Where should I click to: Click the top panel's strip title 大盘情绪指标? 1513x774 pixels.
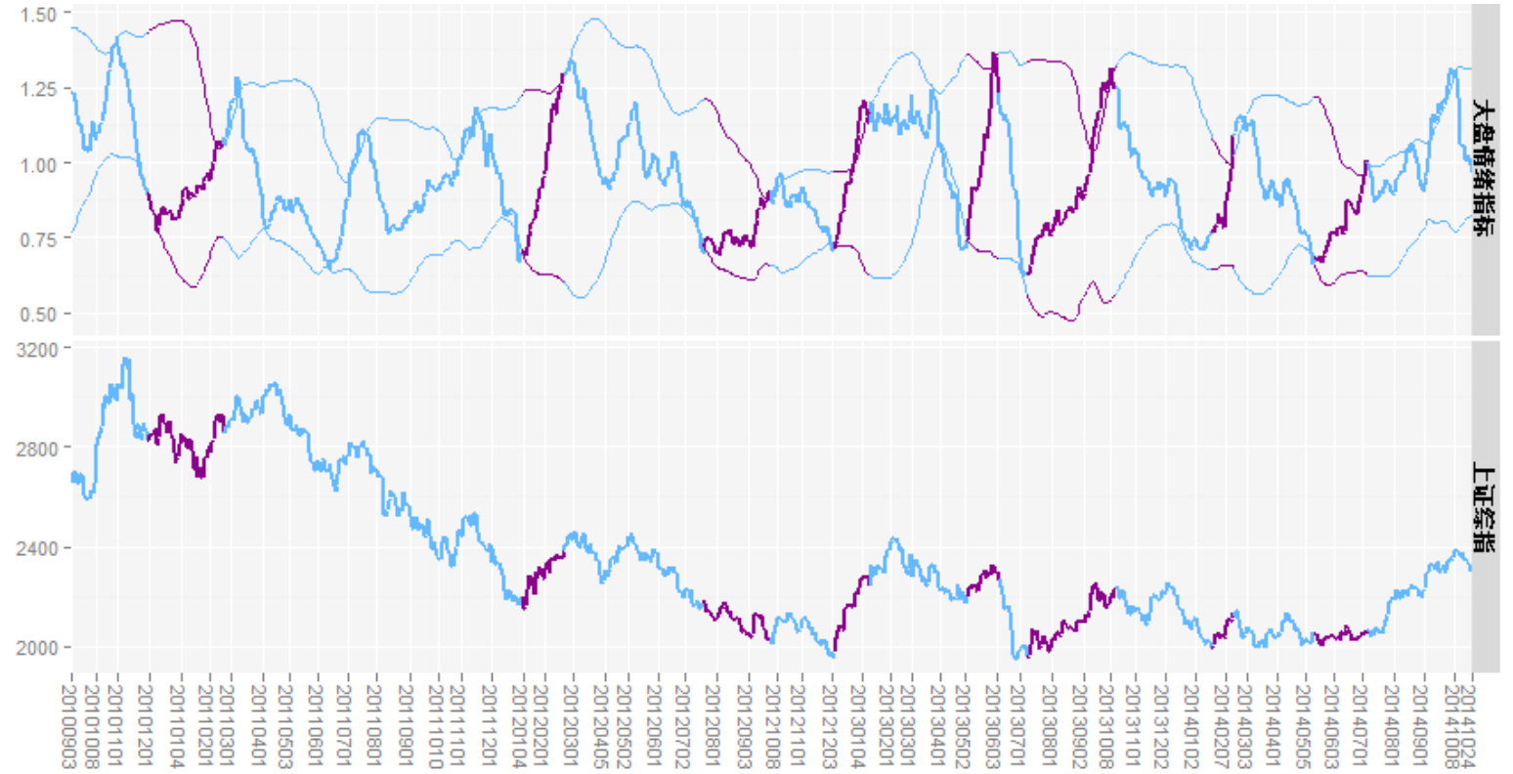(1485, 168)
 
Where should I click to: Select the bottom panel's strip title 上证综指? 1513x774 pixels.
(1485, 508)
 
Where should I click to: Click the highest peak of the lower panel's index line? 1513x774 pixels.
(125, 360)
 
